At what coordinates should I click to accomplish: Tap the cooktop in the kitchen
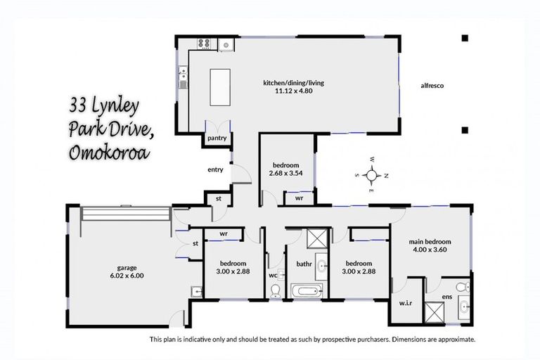click(x=205, y=44)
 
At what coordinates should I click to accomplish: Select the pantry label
click(x=217, y=139)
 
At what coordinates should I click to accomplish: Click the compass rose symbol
click(x=372, y=174)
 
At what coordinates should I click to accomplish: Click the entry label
click(x=215, y=169)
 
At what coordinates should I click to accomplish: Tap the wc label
click(x=273, y=276)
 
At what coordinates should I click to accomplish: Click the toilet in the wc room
click(x=275, y=291)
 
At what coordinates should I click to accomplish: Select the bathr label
click(x=304, y=265)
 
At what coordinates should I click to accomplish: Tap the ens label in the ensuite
click(x=446, y=297)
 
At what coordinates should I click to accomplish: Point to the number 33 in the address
click(x=79, y=106)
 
